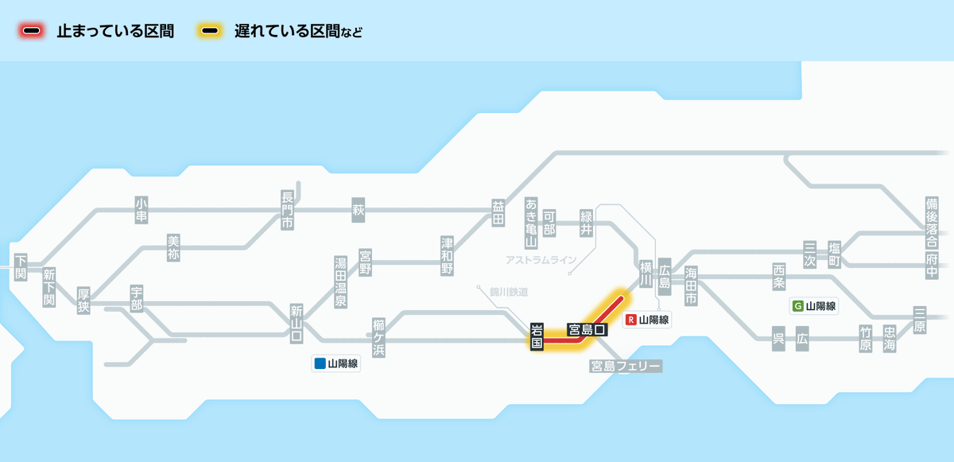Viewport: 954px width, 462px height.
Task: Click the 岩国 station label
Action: click(537, 336)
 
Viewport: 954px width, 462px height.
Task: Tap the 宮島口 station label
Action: click(587, 329)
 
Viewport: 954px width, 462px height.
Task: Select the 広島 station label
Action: click(665, 277)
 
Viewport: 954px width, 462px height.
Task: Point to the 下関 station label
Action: click(21, 267)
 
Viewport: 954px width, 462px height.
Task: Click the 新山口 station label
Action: click(297, 324)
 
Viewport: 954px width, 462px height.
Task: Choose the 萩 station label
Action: click(359, 210)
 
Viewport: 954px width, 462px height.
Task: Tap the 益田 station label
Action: click(498, 213)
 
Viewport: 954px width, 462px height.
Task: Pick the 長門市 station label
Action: click(287, 211)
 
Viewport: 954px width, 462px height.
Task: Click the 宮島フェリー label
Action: click(626, 367)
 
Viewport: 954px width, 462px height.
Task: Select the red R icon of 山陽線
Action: click(630, 320)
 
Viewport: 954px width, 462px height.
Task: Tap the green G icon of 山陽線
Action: click(797, 305)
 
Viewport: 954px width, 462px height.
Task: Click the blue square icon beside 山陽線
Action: click(320, 363)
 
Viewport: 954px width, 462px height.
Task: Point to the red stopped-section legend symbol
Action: click(32, 31)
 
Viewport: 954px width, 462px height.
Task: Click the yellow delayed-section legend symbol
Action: click(210, 31)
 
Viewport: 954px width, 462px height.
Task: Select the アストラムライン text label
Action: click(541, 260)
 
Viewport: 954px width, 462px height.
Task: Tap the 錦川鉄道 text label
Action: click(509, 292)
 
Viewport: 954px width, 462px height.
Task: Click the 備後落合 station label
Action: click(932, 223)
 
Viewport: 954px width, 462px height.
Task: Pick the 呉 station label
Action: click(778, 339)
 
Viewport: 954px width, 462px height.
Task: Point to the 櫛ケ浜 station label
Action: click(378, 337)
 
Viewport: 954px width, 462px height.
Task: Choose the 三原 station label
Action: click(920, 320)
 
